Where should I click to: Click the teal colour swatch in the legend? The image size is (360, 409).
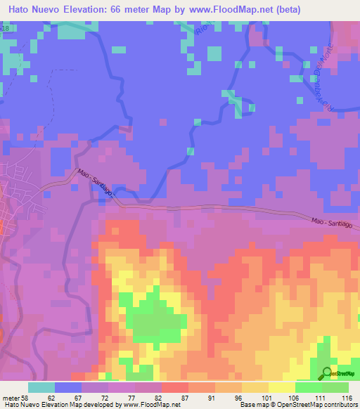click(41, 387)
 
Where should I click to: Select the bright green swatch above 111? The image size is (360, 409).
click(309, 387)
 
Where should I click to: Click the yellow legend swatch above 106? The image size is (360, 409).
click(282, 387)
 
